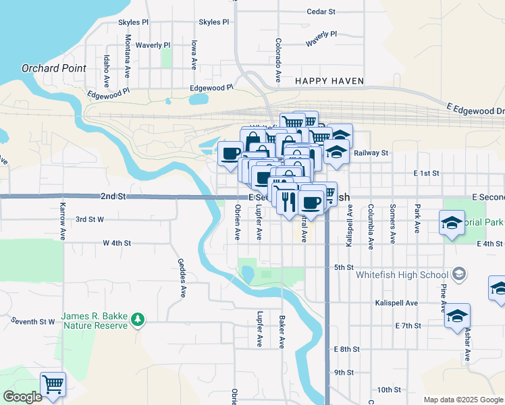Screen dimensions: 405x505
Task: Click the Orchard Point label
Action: tap(54, 68)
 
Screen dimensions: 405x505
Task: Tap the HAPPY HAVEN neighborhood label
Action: tap(329, 81)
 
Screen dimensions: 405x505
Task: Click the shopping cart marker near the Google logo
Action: tap(53, 384)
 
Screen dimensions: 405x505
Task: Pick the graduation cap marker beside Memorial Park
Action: tap(452, 223)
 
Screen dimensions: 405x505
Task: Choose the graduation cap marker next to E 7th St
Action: tap(457, 315)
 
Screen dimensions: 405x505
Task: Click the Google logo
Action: tap(23, 397)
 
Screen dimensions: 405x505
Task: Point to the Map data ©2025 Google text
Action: tap(462, 400)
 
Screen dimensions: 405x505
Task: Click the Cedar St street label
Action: tap(321, 11)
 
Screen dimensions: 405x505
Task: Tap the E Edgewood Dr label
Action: tap(475, 109)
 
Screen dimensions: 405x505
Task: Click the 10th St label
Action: tap(389, 389)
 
